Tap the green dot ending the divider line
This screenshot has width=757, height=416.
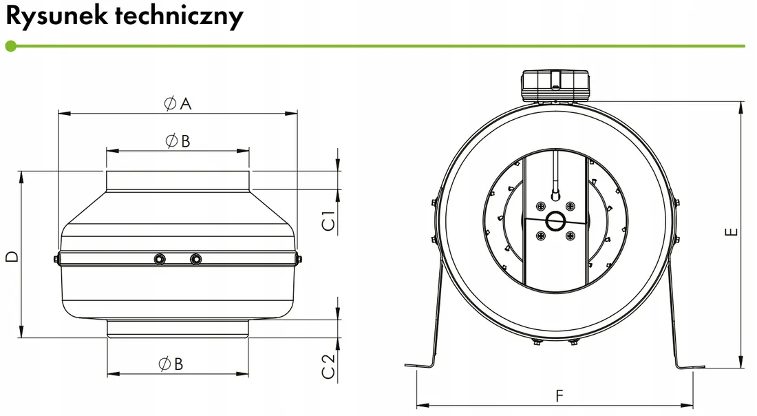(10, 46)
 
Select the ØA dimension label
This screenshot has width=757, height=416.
(178, 104)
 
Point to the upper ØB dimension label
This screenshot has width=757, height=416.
(178, 141)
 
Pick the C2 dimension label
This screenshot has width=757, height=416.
(330, 366)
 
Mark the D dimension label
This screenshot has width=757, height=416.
(12, 256)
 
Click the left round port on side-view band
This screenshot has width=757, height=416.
(160, 259)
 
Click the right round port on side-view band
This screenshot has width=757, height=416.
(197, 259)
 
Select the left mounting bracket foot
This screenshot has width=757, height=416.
(420, 365)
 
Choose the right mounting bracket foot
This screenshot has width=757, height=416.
(690, 367)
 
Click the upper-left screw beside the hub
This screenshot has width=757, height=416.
(540, 206)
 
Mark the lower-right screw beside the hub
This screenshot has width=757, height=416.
(570, 236)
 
